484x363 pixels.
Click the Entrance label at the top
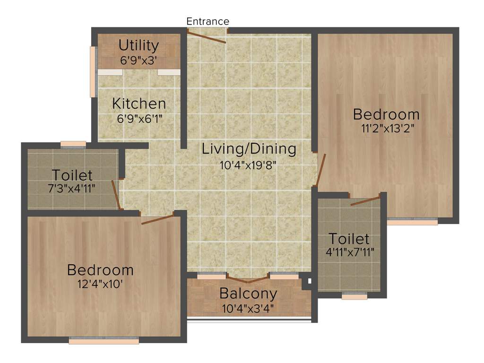click(x=207, y=21)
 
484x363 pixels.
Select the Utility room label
click(x=138, y=45)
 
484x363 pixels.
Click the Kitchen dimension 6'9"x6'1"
click(x=139, y=119)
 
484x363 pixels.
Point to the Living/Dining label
click(x=249, y=149)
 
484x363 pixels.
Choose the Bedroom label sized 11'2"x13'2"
click(x=386, y=114)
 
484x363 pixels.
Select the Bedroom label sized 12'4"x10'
click(x=100, y=270)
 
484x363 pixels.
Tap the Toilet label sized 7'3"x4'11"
click(x=72, y=175)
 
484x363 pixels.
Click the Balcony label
click(x=248, y=294)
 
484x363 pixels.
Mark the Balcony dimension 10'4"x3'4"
click(x=248, y=309)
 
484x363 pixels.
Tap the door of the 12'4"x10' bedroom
click(x=157, y=219)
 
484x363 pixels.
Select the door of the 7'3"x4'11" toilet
click(x=115, y=194)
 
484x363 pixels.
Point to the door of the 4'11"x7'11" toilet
click(x=365, y=200)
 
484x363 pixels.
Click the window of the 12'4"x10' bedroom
click(x=104, y=340)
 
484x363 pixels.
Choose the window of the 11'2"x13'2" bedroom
click(x=412, y=221)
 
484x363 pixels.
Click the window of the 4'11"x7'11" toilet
click(x=354, y=296)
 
